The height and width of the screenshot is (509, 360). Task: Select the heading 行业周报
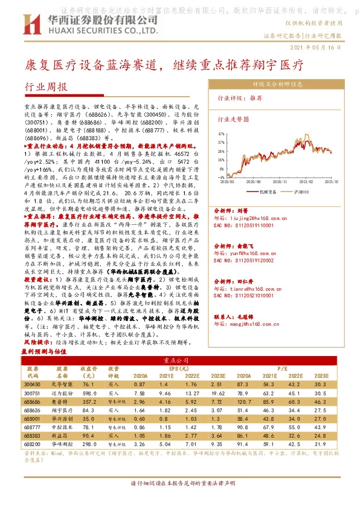tap(46, 87)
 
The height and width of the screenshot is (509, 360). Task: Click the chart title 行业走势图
tap(233, 120)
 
